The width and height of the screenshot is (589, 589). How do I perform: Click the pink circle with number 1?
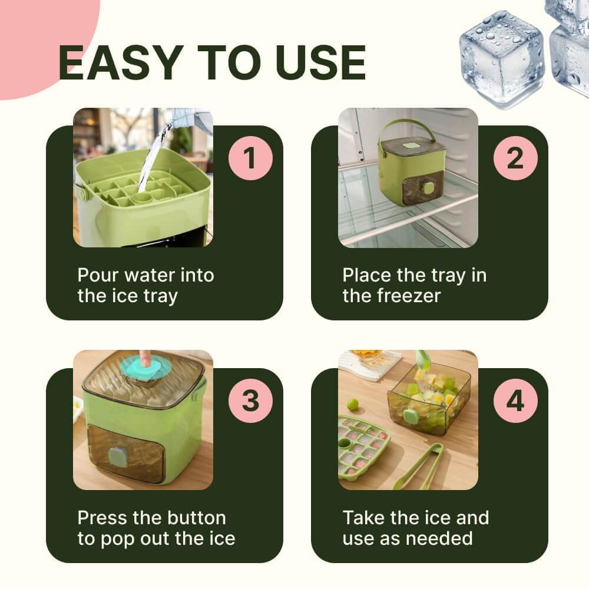(x=250, y=158)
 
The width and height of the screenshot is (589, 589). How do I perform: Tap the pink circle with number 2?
(x=515, y=158)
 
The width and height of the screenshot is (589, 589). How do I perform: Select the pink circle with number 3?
(x=250, y=401)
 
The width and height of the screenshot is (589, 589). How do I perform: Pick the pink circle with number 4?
(x=515, y=401)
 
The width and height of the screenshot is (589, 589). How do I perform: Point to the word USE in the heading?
(x=320, y=62)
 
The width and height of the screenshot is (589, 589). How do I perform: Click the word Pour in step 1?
(x=98, y=275)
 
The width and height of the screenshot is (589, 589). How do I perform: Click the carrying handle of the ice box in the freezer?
(x=407, y=132)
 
